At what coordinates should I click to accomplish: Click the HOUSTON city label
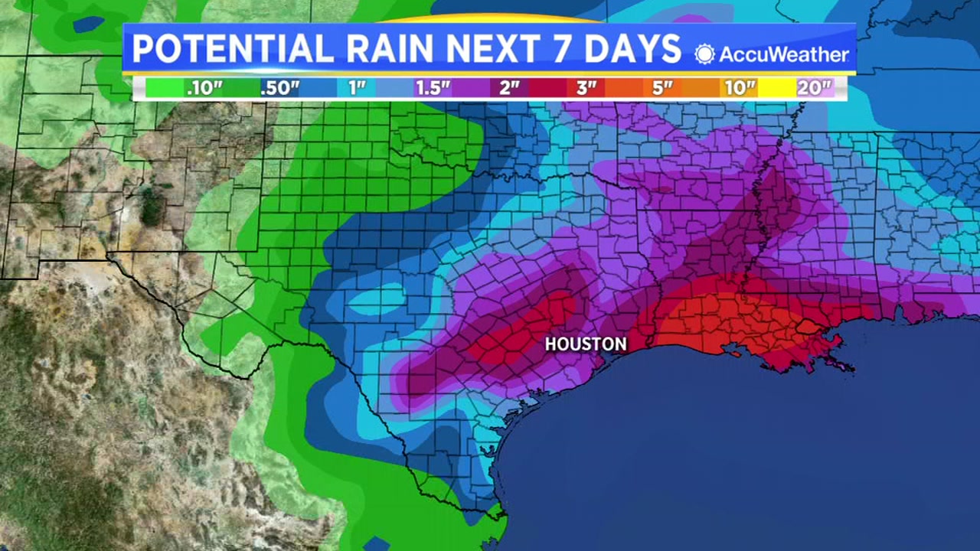point(586,344)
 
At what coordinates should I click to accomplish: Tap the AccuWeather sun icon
point(704,54)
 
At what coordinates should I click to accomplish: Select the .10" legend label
point(204,88)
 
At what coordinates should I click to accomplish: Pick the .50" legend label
point(279,88)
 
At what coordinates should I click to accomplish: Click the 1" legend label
point(357,88)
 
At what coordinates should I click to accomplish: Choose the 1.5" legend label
point(433,88)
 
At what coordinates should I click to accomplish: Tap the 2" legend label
point(510,88)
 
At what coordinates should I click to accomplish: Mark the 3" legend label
point(586,88)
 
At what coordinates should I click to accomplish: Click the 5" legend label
point(663,88)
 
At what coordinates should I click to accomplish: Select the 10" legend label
point(740,88)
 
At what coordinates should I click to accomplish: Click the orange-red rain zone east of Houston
point(735,321)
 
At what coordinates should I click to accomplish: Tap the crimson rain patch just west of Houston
point(521,337)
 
